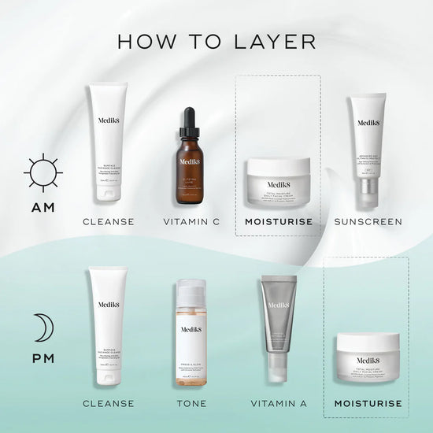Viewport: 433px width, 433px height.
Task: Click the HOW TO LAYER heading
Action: [216, 40]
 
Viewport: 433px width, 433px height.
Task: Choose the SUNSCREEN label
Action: [368, 222]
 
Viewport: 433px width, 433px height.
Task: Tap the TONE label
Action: [192, 404]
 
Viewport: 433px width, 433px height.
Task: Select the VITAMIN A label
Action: [279, 404]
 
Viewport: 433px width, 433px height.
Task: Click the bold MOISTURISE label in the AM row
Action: [278, 222]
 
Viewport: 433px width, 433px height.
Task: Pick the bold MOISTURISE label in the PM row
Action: [368, 404]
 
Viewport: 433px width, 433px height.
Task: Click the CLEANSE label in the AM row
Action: [109, 222]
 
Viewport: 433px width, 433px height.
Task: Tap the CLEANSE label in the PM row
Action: [109, 404]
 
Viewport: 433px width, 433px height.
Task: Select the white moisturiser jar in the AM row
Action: [278, 182]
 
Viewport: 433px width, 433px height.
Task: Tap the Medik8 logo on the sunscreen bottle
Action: [368, 122]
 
